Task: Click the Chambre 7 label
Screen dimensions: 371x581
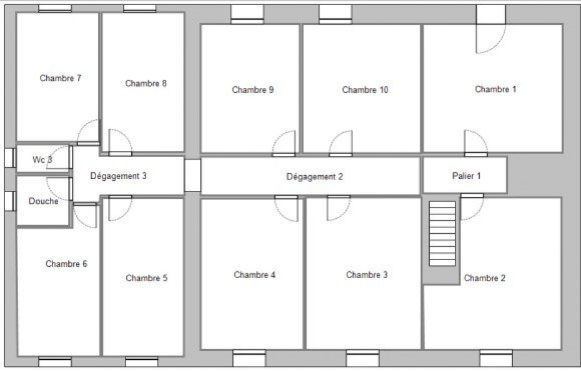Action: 61,79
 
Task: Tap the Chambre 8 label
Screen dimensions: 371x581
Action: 146,84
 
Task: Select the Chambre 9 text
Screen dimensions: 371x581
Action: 252,90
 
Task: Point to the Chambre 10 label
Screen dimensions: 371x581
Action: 365,90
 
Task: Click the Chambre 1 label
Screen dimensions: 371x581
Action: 495,89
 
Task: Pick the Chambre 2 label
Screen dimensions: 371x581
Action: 484,278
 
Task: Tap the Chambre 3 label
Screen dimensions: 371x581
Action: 367,275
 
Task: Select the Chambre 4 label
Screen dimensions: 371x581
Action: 254,275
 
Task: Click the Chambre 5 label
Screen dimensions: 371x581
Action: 146,278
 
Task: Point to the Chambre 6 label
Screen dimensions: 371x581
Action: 66,264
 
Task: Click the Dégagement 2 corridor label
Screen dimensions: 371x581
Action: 315,177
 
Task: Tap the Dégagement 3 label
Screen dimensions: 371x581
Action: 118,176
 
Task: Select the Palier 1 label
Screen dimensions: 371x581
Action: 466,176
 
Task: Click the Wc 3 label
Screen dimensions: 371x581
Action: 42,160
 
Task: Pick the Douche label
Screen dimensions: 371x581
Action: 43,201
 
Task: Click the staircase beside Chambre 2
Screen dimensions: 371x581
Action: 442,234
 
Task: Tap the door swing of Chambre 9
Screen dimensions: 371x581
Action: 285,143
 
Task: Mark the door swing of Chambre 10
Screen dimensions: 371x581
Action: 341,143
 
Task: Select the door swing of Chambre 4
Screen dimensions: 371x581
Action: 286,209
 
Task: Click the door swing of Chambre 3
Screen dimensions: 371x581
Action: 339,208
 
